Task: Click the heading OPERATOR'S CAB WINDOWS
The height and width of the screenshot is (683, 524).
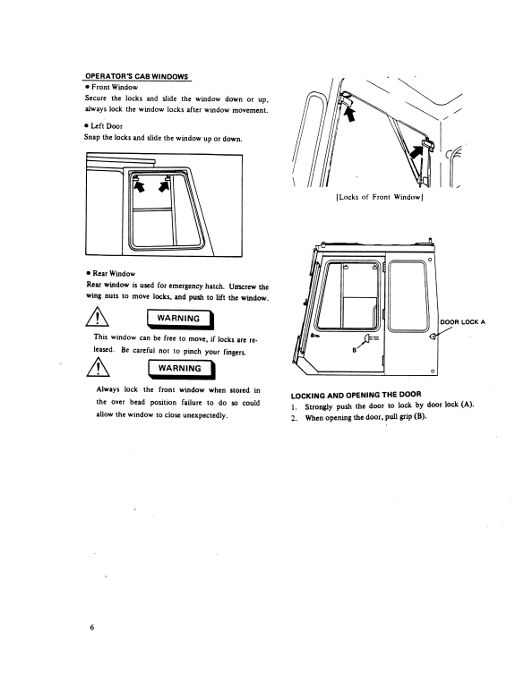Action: pos(136,77)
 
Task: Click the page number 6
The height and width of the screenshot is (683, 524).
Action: pos(92,628)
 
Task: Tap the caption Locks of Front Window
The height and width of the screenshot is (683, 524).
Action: pos(379,197)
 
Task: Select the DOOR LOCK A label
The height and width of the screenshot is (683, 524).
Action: pos(462,322)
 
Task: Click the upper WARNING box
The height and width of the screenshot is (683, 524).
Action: pos(180,320)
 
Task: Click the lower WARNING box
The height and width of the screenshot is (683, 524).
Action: pos(181,370)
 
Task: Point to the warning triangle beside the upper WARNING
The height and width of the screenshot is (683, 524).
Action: pos(98,317)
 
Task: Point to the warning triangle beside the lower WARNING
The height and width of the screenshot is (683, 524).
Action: pos(99,367)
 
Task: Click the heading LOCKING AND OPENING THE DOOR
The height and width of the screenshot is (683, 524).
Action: pos(356,395)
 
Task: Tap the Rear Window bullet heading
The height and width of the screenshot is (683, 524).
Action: pos(111,274)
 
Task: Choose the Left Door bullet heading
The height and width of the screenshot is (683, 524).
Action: pos(104,126)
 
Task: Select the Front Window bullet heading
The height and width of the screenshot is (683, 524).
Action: pos(111,87)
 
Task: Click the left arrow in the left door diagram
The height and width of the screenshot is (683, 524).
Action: pos(140,186)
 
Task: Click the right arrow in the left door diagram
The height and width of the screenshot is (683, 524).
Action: pos(164,186)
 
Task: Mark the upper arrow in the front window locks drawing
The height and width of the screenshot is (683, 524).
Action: pos(349,115)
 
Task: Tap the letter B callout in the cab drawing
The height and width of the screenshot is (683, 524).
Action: pos(354,350)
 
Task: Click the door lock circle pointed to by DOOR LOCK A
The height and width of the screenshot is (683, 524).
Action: pos(433,337)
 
